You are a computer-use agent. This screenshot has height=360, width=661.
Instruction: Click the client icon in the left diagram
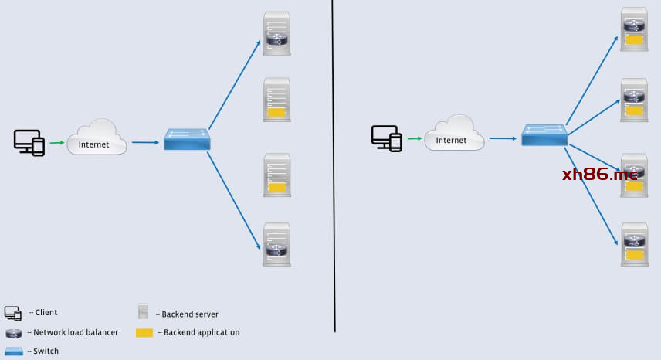(29, 142)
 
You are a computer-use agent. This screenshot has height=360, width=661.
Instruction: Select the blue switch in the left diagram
(187, 139)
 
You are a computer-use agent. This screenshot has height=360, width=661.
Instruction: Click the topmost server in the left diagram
(276, 33)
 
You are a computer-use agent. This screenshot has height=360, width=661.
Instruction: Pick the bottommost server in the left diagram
(276, 244)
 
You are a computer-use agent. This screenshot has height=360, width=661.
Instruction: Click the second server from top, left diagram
(276, 99)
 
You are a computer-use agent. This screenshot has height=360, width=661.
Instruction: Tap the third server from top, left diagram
(276, 175)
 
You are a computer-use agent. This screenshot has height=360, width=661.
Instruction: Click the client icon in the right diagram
(386, 138)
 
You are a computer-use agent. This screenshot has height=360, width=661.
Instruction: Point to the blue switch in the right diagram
(544, 135)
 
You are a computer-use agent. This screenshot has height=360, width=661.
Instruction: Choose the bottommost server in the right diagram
(634, 244)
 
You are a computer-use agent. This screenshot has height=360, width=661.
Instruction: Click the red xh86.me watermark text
(601, 175)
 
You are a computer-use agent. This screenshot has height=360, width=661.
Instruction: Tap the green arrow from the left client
(57, 142)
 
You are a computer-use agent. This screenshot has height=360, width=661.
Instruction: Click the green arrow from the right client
(414, 138)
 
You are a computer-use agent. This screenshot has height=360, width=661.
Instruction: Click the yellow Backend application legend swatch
(144, 332)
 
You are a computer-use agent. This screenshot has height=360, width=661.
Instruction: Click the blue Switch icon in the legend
(13, 351)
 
